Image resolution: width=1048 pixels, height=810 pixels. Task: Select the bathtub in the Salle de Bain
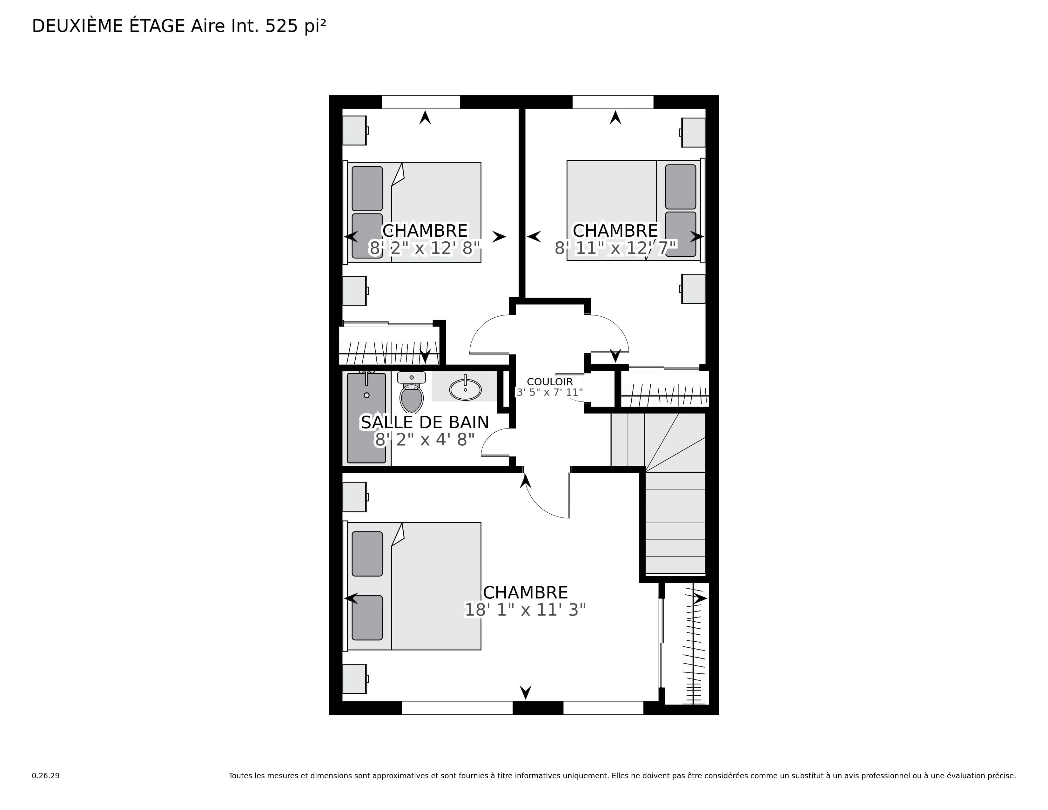click(x=366, y=418)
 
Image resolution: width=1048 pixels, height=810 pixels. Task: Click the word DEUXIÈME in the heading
click(x=77, y=26)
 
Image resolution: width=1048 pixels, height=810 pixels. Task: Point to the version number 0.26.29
click(x=46, y=775)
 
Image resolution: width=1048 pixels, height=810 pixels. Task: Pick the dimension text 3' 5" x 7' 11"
click(x=549, y=393)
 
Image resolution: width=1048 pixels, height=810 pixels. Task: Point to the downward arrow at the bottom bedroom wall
click(x=526, y=692)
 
